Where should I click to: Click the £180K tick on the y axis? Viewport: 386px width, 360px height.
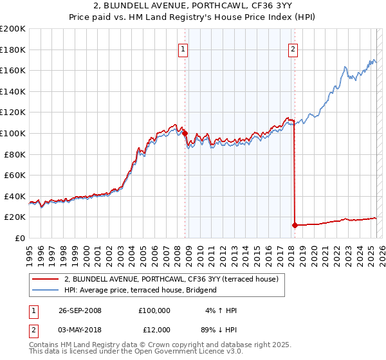[x=13, y=50]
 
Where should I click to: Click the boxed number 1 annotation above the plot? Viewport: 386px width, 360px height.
[x=183, y=49]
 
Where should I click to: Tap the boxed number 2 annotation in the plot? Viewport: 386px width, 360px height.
[x=293, y=49]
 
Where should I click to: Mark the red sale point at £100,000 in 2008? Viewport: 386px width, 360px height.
[x=185, y=133]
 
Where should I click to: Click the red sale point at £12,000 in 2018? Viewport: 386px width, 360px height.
[x=295, y=225]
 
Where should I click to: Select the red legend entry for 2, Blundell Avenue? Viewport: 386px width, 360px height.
[x=170, y=279]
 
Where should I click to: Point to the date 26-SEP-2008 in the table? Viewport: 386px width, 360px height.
[x=79, y=310]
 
